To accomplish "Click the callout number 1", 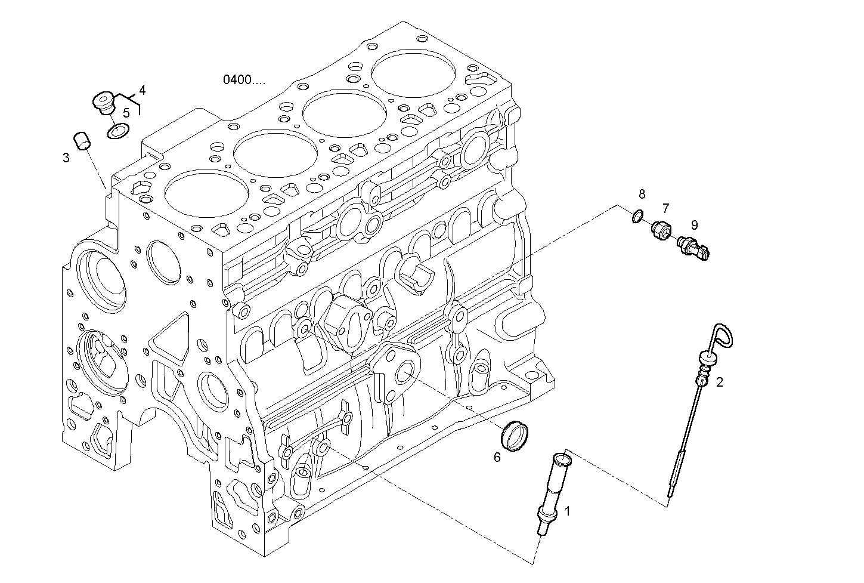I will [x=567, y=511].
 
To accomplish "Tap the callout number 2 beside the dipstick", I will [x=720, y=383].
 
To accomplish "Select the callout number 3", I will [x=66, y=158].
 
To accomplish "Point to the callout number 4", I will [x=142, y=90].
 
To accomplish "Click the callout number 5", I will [x=126, y=112].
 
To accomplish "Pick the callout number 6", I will [x=497, y=458].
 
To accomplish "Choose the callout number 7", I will [x=665, y=208].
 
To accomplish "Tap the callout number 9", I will [x=694, y=225].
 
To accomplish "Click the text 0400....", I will [x=244, y=79].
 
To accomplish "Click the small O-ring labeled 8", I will [x=637, y=216].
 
